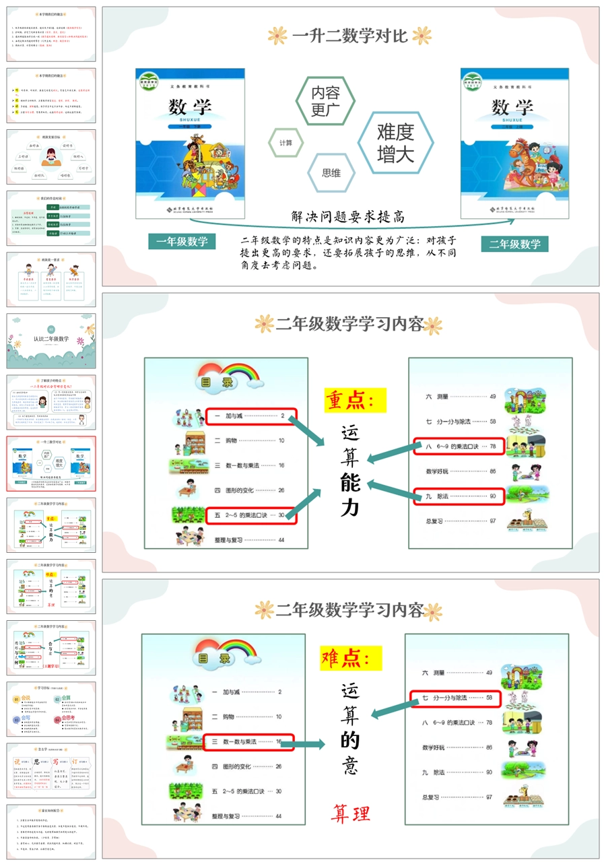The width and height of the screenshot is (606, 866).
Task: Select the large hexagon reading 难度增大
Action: click(395, 142)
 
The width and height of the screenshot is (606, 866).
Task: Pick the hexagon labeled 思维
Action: click(331, 173)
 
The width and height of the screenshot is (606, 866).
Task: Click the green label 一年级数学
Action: click(182, 242)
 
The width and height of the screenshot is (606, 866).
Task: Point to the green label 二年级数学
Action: click(514, 243)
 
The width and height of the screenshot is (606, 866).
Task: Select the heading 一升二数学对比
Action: click(349, 36)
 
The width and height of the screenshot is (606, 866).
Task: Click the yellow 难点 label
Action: click(351, 657)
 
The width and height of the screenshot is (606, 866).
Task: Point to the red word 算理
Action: click(350, 813)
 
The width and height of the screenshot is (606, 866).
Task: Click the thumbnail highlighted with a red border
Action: click(51, 463)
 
